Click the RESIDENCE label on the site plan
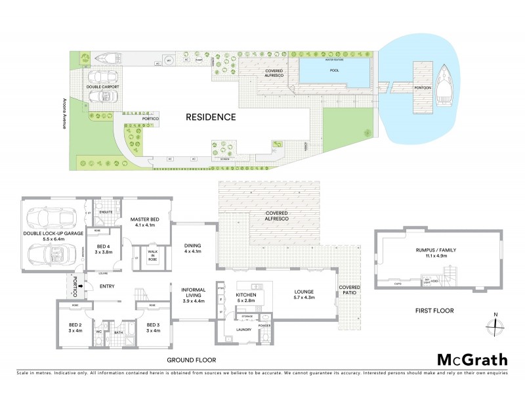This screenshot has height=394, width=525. pyautogui.click(x=210, y=118)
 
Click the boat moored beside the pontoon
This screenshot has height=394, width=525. pyautogui.click(x=446, y=86)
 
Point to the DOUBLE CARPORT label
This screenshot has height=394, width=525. pyautogui.click(x=101, y=86)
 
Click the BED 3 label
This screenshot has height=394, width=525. pyautogui.click(x=153, y=326)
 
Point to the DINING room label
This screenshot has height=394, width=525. pyautogui.click(x=192, y=247)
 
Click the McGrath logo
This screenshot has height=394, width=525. pyautogui.click(x=472, y=359)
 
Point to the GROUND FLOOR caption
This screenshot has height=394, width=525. pyautogui.click(x=191, y=360)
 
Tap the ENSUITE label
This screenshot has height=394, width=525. pyautogui.click(x=105, y=213)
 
